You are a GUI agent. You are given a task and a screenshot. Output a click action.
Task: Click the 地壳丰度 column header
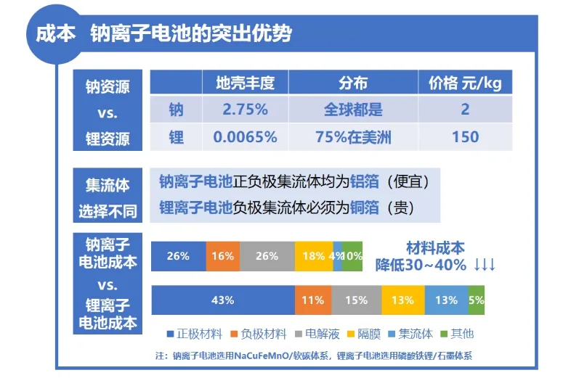point(245,83)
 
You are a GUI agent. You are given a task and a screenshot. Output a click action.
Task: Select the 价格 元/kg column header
point(465,83)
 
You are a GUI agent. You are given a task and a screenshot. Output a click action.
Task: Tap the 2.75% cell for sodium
point(245,110)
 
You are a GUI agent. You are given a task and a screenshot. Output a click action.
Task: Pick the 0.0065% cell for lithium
point(245,137)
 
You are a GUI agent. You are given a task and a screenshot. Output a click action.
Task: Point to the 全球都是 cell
point(353,110)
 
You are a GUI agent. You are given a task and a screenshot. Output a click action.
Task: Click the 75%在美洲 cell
point(353,137)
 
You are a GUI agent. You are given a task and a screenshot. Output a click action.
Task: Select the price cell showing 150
point(465,137)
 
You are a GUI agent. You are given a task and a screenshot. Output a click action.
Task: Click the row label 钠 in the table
point(176,110)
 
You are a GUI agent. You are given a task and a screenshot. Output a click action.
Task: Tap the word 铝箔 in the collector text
point(363,181)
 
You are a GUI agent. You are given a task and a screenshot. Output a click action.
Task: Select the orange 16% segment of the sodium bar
point(223,256)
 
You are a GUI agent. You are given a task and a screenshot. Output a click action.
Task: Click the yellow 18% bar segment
point(313,256)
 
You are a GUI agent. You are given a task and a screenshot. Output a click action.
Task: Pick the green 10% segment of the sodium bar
point(352,256)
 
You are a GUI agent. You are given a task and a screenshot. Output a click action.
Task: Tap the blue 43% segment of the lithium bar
point(222,300)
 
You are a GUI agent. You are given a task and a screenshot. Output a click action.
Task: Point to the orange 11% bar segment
point(312,300)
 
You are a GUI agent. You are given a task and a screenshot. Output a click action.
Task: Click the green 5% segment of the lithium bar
point(477,300)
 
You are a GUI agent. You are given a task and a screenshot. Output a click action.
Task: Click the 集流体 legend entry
point(413,334)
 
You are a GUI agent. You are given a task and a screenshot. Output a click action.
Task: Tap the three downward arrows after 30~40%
point(485,265)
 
